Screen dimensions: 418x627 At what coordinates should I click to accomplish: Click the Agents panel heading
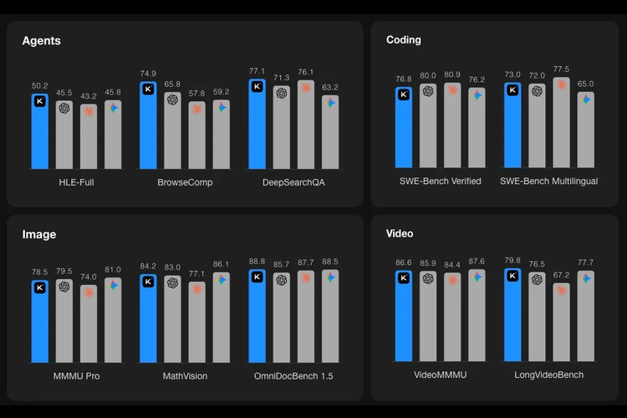41,40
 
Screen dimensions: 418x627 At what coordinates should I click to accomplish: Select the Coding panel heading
403,40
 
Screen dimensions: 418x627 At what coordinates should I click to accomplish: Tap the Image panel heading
38,235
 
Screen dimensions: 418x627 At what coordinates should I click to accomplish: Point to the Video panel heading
400,234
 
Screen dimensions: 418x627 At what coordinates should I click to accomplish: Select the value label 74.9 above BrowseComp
148,73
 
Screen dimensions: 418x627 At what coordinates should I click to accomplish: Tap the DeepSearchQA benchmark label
293,181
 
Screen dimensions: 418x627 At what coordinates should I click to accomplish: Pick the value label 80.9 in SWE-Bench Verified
452,74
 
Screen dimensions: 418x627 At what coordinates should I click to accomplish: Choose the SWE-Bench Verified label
440,181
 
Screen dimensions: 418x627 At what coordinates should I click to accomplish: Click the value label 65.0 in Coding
585,84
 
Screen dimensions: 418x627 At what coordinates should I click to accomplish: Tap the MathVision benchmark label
185,376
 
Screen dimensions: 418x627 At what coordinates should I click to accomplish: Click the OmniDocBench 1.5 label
293,376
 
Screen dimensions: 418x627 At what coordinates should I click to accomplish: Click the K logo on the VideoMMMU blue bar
404,277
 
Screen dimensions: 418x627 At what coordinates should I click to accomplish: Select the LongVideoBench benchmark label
548,375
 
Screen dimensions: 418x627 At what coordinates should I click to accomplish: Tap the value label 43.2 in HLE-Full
88,96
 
